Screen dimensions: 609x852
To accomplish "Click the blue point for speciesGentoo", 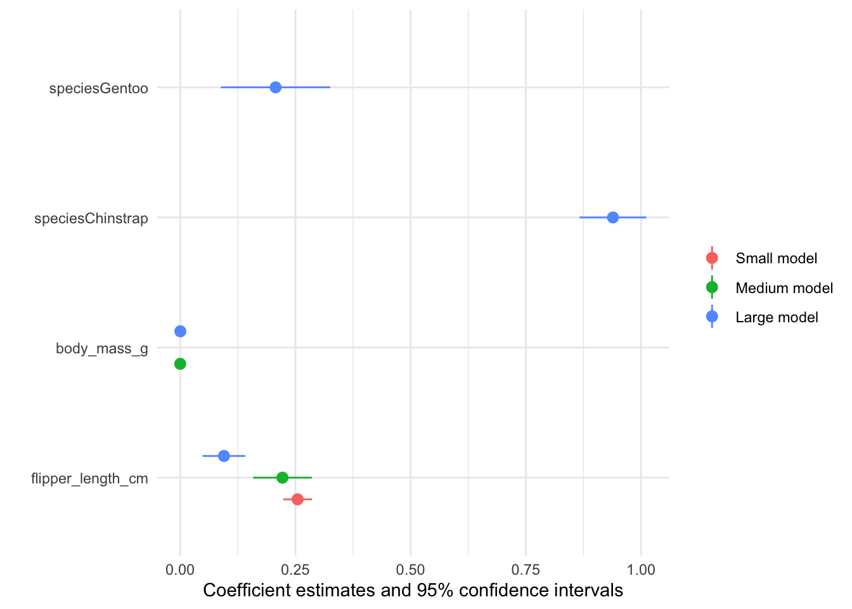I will click(275, 87).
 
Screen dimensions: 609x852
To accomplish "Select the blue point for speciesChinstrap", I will click(612, 218).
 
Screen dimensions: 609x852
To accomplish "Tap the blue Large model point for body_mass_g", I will click(180, 331).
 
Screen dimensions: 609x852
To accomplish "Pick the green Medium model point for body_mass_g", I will click(180, 363).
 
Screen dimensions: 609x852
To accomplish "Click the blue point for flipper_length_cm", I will click(224, 455).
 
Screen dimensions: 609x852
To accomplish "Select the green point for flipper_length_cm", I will click(282, 477).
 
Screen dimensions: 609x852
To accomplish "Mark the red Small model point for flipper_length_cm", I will click(297, 499).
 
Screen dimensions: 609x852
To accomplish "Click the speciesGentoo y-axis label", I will click(99, 88).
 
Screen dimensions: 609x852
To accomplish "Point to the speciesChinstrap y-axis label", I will click(91, 219).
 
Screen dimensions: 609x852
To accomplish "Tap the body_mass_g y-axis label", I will click(102, 348).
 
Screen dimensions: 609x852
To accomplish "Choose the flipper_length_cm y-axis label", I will click(89, 478).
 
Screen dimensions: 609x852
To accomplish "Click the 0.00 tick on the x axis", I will click(180, 570).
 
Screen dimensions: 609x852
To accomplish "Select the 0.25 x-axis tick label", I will click(295, 570).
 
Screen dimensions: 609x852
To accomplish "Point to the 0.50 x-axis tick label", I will click(411, 570).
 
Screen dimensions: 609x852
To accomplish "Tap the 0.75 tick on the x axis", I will click(526, 570).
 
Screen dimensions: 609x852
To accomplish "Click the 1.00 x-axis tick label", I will click(641, 570).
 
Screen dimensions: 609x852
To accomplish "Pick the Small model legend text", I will click(776, 258).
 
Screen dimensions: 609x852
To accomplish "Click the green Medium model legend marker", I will click(712, 287).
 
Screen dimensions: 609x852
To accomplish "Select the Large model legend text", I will click(777, 317).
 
